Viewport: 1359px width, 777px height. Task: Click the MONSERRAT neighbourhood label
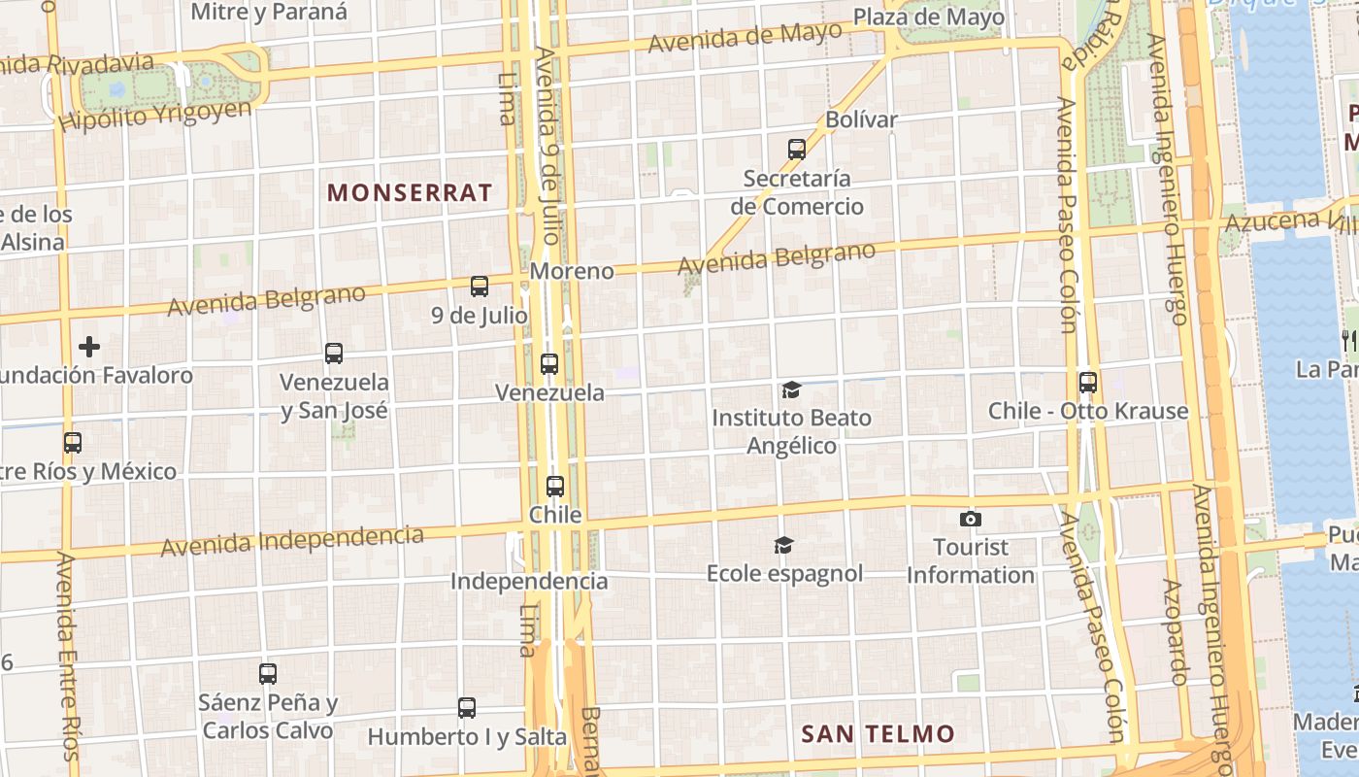pos(410,192)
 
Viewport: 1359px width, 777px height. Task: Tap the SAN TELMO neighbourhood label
pos(878,734)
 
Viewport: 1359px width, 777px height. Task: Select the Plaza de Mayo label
pos(929,17)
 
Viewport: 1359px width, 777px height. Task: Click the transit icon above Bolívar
pos(797,149)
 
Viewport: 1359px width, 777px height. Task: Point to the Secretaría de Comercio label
pos(797,192)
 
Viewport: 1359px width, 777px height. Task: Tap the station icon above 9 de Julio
pos(480,286)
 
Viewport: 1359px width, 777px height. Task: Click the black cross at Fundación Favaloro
pos(89,347)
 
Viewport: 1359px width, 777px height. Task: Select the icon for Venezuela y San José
pos(334,353)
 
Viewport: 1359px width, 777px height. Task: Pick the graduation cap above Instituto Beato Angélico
pos(792,390)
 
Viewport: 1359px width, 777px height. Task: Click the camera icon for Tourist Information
pos(970,520)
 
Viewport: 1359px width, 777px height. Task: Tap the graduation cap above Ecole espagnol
pos(783,545)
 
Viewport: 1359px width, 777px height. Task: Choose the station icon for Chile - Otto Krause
pos(1088,382)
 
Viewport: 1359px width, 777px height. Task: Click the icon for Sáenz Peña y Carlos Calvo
pos(268,673)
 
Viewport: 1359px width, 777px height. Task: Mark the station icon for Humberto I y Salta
pos(467,708)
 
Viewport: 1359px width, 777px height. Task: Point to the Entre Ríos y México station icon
pos(73,443)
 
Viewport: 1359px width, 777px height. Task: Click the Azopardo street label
pos(1177,632)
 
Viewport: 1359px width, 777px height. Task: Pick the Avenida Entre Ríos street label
pos(67,657)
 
